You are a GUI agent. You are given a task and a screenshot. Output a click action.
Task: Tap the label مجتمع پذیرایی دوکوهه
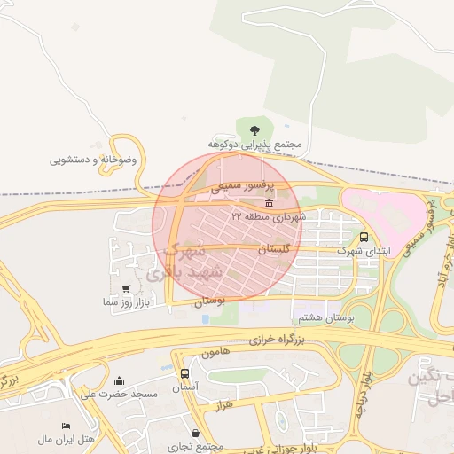coord(268,144)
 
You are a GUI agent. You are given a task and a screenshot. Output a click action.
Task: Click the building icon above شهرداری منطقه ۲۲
coord(269,203)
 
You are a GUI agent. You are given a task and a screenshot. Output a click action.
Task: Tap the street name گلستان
coord(273,251)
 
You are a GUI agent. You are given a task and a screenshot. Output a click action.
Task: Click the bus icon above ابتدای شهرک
coord(364,237)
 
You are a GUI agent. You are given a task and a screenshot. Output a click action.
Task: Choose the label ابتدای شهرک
coord(364,251)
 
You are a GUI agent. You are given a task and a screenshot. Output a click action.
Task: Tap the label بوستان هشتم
coord(327,317)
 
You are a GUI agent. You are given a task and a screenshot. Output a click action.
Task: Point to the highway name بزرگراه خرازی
coord(276,340)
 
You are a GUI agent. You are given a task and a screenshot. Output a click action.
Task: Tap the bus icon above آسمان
coord(184,374)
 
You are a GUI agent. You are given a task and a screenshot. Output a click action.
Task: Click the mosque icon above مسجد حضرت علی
coord(120,381)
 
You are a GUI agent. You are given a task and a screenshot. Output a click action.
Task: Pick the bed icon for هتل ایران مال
coord(66,427)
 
